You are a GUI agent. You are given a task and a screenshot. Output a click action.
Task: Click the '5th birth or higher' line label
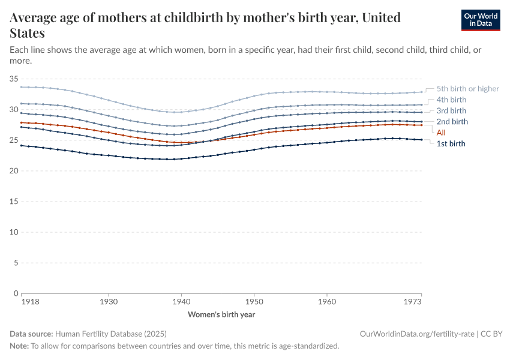tap(467, 89)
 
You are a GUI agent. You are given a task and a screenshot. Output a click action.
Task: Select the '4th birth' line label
tap(451, 100)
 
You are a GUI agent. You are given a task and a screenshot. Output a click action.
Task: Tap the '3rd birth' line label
tap(451, 110)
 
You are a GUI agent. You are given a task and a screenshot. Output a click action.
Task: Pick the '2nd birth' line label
tap(452, 122)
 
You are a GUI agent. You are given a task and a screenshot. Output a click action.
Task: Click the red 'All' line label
tap(441, 133)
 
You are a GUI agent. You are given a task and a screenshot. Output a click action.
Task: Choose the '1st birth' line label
tap(451, 143)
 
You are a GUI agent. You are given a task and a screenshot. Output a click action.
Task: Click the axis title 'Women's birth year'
tap(221, 314)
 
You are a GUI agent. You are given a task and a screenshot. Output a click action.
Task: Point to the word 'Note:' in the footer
tap(19, 346)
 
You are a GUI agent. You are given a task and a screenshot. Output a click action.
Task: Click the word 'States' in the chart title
tap(27, 32)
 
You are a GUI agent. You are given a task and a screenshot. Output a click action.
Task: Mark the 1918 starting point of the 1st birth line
tap(22, 145)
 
